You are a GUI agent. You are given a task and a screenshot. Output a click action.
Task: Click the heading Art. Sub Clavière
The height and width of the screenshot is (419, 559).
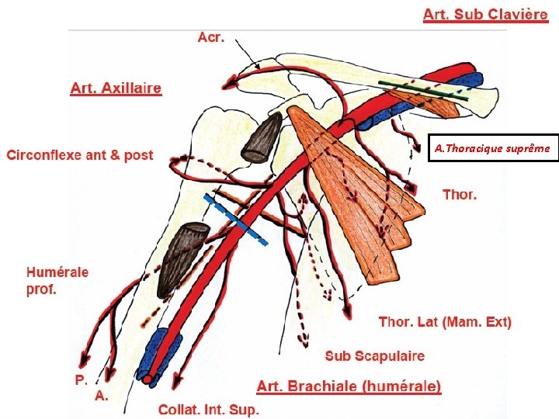pos(485,15)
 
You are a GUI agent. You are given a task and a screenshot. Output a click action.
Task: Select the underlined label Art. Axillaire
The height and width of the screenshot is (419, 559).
pos(116,88)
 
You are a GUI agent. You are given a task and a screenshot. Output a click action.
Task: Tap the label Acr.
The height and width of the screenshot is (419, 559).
pos(211,37)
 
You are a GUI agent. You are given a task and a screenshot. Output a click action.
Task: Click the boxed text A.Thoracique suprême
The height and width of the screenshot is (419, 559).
pos(492,148)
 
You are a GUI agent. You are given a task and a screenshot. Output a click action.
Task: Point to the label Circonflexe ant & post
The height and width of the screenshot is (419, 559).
pos(80,155)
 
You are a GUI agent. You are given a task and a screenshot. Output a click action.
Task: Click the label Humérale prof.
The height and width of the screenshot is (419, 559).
pos(57,281)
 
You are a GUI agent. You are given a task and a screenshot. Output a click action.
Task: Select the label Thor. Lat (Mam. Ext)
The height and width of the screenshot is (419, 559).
pos(445,322)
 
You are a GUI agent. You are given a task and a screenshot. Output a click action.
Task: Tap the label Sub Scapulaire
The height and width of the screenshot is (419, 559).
pos(375,355)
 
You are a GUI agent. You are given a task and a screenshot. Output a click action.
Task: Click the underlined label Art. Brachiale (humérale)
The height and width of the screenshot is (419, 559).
pos(349,386)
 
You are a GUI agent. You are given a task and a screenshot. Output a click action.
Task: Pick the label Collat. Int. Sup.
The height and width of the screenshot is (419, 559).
pos(208,410)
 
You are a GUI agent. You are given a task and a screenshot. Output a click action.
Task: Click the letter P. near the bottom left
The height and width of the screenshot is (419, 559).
pos(82,379)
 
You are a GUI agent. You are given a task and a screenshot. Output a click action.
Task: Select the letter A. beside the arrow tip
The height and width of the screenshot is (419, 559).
pos(101,395)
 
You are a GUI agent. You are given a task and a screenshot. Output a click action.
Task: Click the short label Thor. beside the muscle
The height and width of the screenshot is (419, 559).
pos(460,195)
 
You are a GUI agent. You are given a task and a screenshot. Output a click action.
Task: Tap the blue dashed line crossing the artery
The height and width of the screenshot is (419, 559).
pos(235,220)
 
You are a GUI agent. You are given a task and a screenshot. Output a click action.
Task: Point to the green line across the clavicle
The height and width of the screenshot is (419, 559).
pos(424,91)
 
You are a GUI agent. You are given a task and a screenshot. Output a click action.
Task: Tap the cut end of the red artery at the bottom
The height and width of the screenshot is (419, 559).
pos(148,379)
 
